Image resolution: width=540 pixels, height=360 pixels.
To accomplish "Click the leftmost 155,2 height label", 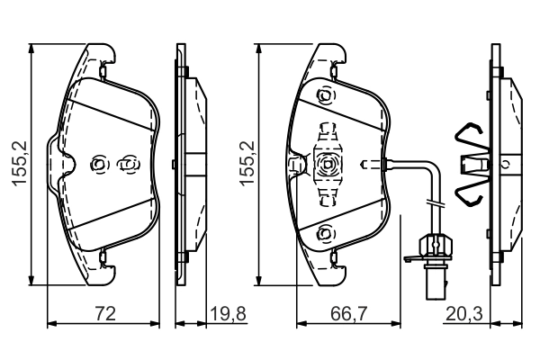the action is [x=20, y=164].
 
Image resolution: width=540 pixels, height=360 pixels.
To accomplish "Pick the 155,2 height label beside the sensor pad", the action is [x=247, y=164].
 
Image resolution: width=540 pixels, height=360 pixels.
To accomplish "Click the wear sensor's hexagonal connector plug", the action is [x=435, y=246].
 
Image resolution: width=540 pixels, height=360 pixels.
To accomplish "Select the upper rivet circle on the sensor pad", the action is [x=325, y=95].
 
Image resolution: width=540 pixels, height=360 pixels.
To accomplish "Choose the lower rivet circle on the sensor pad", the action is [x=325, y=234].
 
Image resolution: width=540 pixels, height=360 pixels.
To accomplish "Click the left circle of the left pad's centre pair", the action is [x=99, y=165].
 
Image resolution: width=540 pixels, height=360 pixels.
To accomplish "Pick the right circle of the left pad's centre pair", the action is [x=129, y=165].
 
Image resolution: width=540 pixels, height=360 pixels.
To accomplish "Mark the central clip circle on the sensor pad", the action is [x=328, y=165].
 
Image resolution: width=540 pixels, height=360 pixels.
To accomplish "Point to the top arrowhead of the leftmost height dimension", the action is [x=31, y=49].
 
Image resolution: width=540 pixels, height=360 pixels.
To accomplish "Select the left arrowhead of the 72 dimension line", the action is [x=51, y=323].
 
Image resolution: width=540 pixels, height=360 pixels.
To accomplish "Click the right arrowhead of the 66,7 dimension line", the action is [x=396, y=323].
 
